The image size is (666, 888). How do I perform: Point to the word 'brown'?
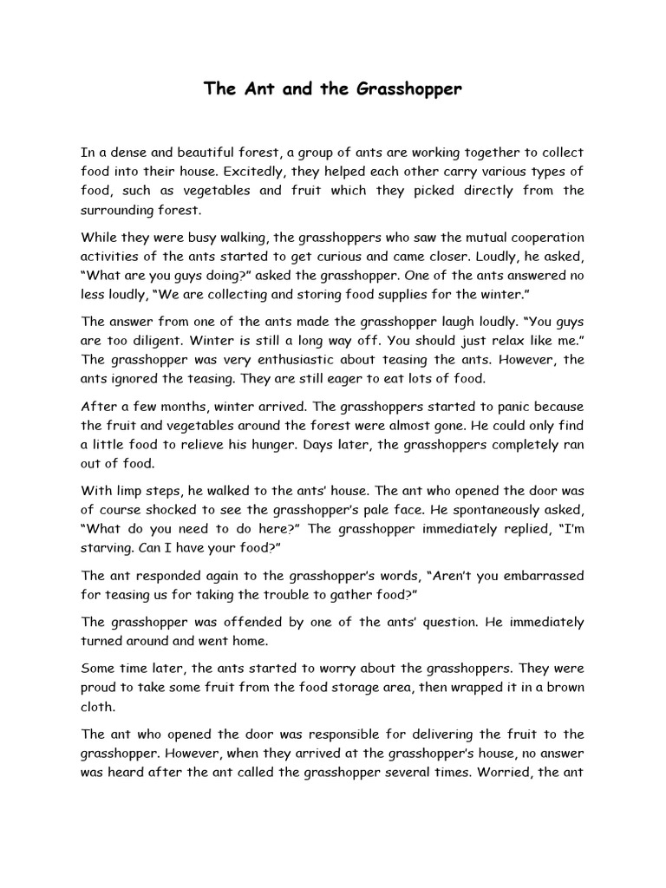(564, 689)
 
